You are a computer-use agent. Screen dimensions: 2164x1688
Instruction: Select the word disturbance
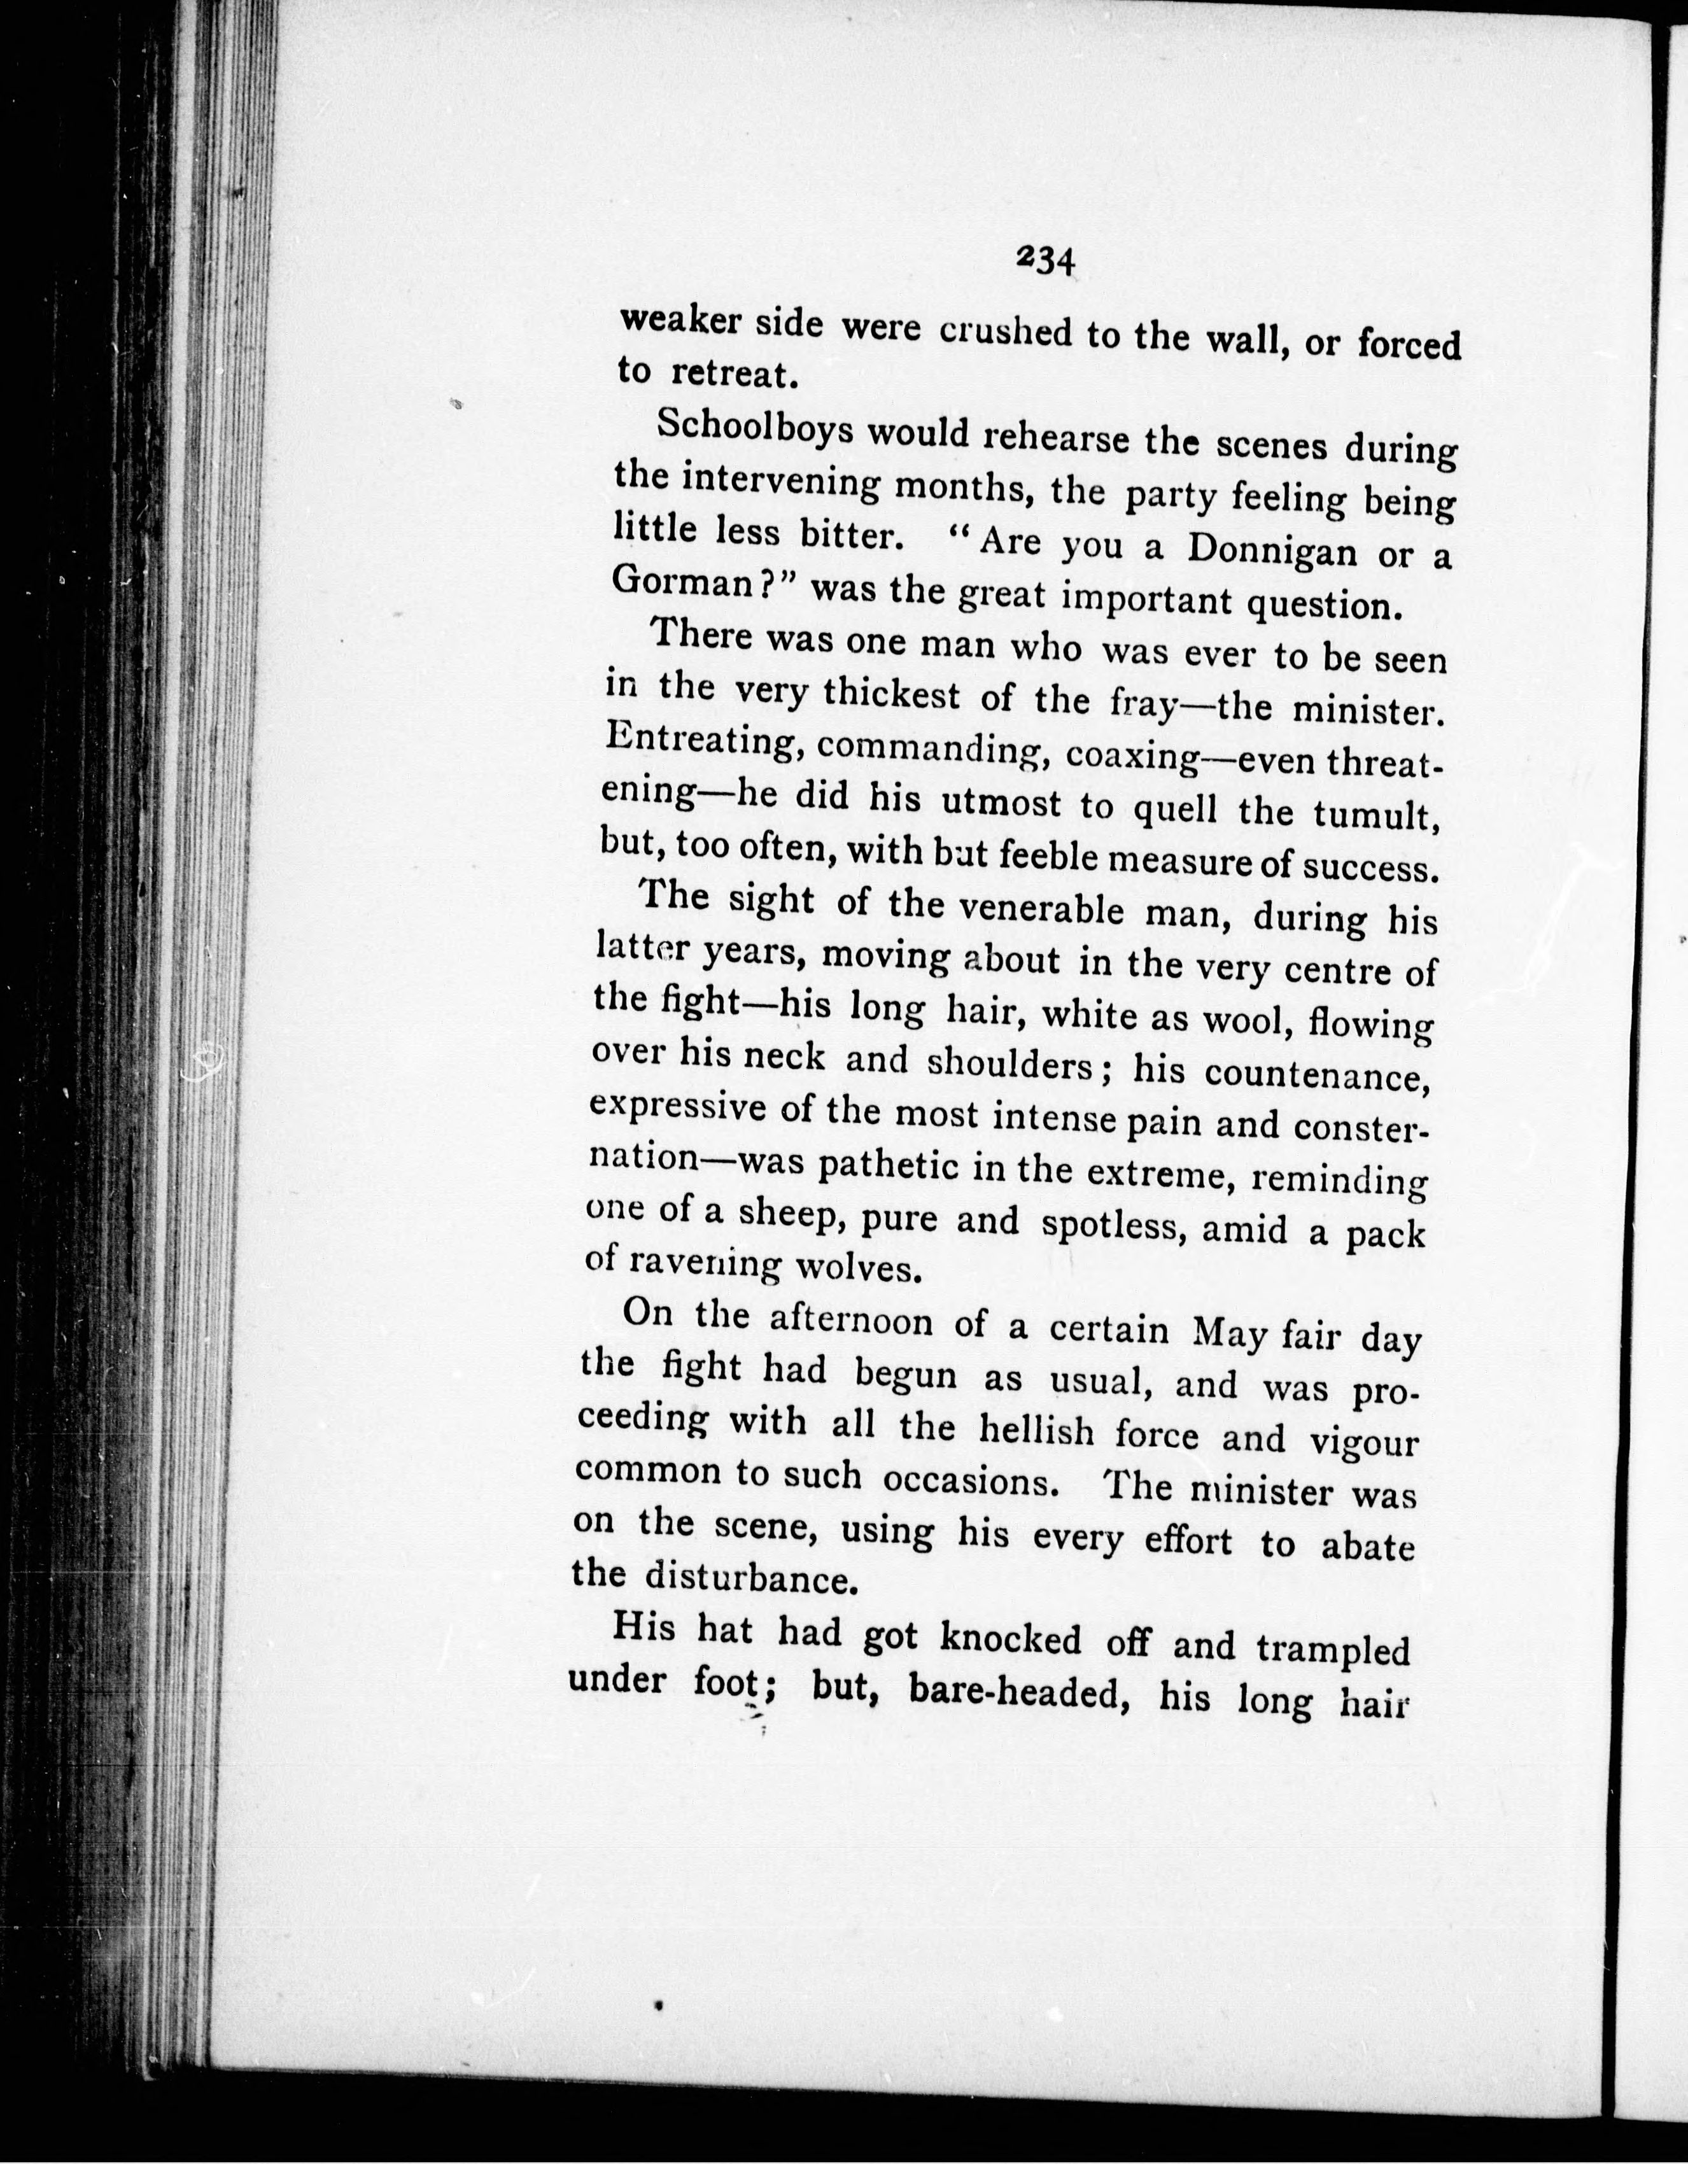[x=750, y=1577]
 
